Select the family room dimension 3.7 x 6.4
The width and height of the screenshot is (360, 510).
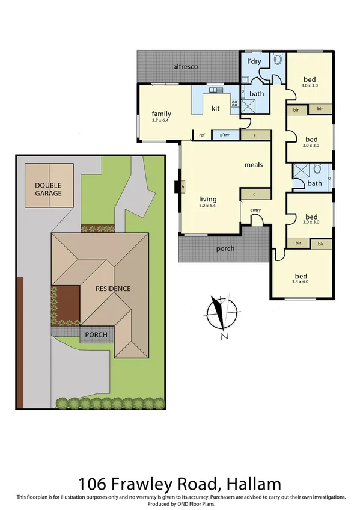[x=161, y=121]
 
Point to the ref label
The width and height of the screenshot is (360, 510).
[x=202, y=135]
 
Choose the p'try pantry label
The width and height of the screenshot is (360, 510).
[x=225, y=135]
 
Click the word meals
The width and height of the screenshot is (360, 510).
[x=254, y=164]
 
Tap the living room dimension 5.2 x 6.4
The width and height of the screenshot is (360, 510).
[x=208, y=206]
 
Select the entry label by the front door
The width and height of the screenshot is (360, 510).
[x=255, y=210]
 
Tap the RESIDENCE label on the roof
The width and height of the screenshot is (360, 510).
[x=113, y=289]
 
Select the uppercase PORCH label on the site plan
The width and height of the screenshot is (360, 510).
[x=95, y=334]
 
